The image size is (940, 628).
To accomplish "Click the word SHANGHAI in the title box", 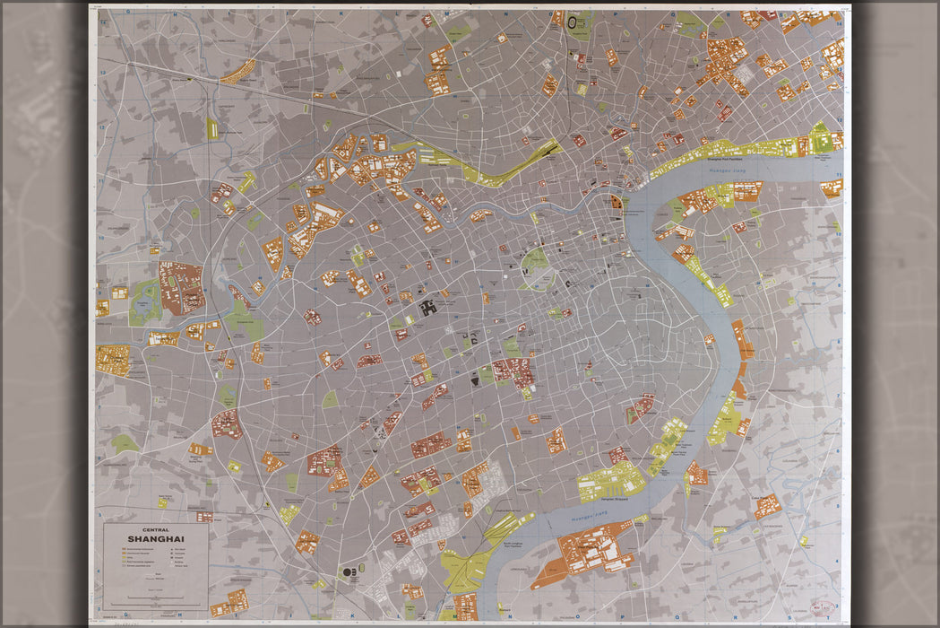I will tap(156, 538).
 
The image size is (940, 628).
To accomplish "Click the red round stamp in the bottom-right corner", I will tap(823, 606).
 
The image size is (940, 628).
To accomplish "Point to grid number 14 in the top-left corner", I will tap(102, 20).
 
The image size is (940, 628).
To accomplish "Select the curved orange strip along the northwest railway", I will tap(238, 72).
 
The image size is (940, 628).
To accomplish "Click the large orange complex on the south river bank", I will tap(591, 549).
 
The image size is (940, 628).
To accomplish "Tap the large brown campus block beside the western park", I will tap(182, 287).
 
